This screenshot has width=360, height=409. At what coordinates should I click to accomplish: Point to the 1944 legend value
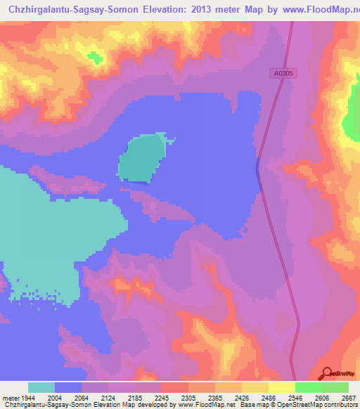[x=29, y=397]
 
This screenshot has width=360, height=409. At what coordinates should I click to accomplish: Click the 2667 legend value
[x=349, y=397]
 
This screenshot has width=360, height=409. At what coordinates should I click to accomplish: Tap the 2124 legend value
[x=108, y=397]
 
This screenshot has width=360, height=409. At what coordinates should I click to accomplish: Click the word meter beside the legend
[x=11, y=397]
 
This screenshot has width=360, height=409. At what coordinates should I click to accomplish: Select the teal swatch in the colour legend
[x=41, y=387]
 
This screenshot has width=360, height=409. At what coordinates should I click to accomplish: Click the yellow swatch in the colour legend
[x=281, y=387]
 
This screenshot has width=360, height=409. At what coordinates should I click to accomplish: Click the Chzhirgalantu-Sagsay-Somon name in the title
[x=65, y=10]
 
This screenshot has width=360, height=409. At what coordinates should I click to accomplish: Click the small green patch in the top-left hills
[x=93, y=56]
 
